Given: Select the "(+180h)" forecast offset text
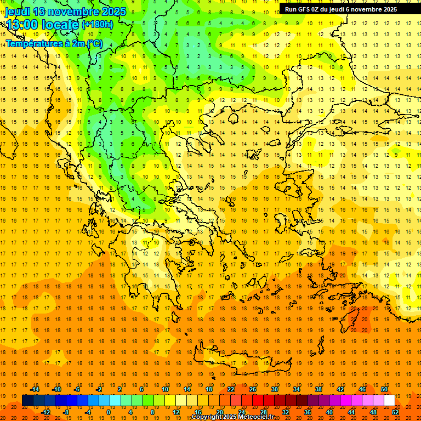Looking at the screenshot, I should [97, 25].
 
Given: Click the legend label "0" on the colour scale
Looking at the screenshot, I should [108, 412].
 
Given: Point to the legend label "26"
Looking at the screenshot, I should [253, 389].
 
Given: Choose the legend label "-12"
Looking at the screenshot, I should [45, 412].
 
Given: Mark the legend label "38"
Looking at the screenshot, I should [318, 389].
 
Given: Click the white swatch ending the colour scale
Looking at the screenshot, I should [389, 401].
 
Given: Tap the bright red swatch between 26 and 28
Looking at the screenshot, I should [258, 401].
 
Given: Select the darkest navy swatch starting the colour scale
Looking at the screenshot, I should [27, 401].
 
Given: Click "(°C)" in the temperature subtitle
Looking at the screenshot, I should [94, 43].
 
